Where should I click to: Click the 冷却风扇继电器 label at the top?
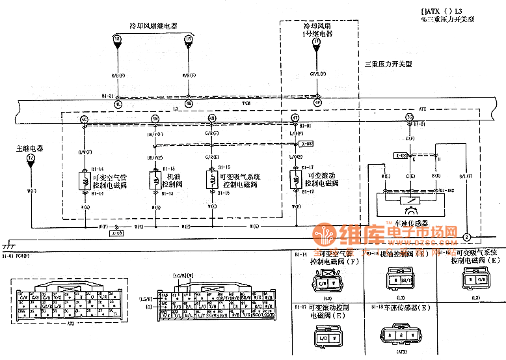(x=153, y=25)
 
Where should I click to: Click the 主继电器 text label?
(x=30, y=148)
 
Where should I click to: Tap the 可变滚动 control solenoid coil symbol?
(x=295, y=179)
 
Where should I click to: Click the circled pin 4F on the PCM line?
(x=317, y=103)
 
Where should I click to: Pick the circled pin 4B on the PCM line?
(x=189, y=103)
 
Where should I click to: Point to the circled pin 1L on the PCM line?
(x=118, y=103)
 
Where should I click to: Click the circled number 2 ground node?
(x=466, y=238)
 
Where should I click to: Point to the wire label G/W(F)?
(x=84, y=153)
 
